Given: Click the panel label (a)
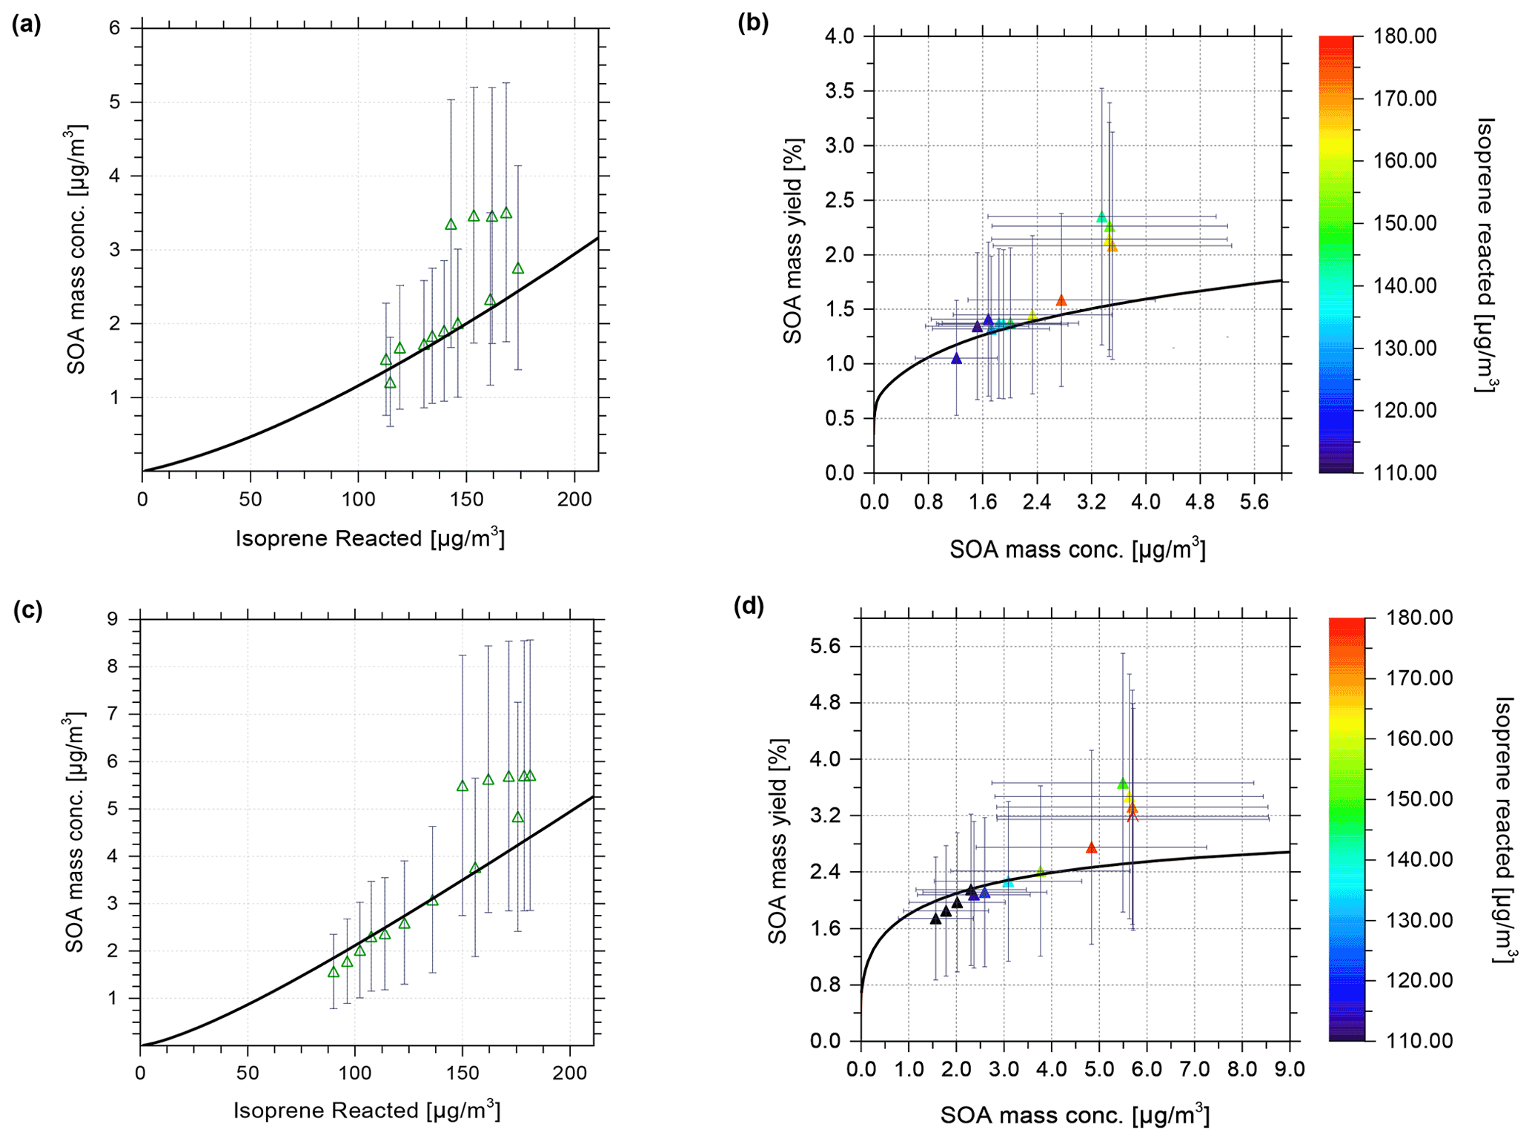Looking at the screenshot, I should coord(26,25).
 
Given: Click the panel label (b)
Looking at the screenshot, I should coord(753,23).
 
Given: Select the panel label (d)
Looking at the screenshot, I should coord(749,606).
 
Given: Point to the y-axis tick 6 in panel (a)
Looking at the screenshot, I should coord(115,28).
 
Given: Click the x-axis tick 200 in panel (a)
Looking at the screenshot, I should coord(575,500).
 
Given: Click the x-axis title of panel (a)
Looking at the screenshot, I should coord(370,538).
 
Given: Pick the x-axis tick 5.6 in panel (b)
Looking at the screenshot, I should coord(1254,503).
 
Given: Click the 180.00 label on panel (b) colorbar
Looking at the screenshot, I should coord(1405,36).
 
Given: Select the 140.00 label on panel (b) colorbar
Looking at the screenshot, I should coord(1405,285).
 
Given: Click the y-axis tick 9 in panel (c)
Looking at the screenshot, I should coord(113,618).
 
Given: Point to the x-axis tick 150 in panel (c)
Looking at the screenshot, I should coord(462,1073).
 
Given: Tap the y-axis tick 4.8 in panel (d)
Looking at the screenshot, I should coord(824,703).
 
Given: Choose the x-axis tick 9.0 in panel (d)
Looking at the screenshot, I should coord(1290,1069).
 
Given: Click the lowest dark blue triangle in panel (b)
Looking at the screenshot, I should coord(956,359).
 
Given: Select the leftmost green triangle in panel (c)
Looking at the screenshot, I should coord(334,972).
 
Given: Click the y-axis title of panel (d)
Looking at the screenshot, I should coord(777,841).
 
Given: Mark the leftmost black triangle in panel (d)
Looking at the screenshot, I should coord(935,919).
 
